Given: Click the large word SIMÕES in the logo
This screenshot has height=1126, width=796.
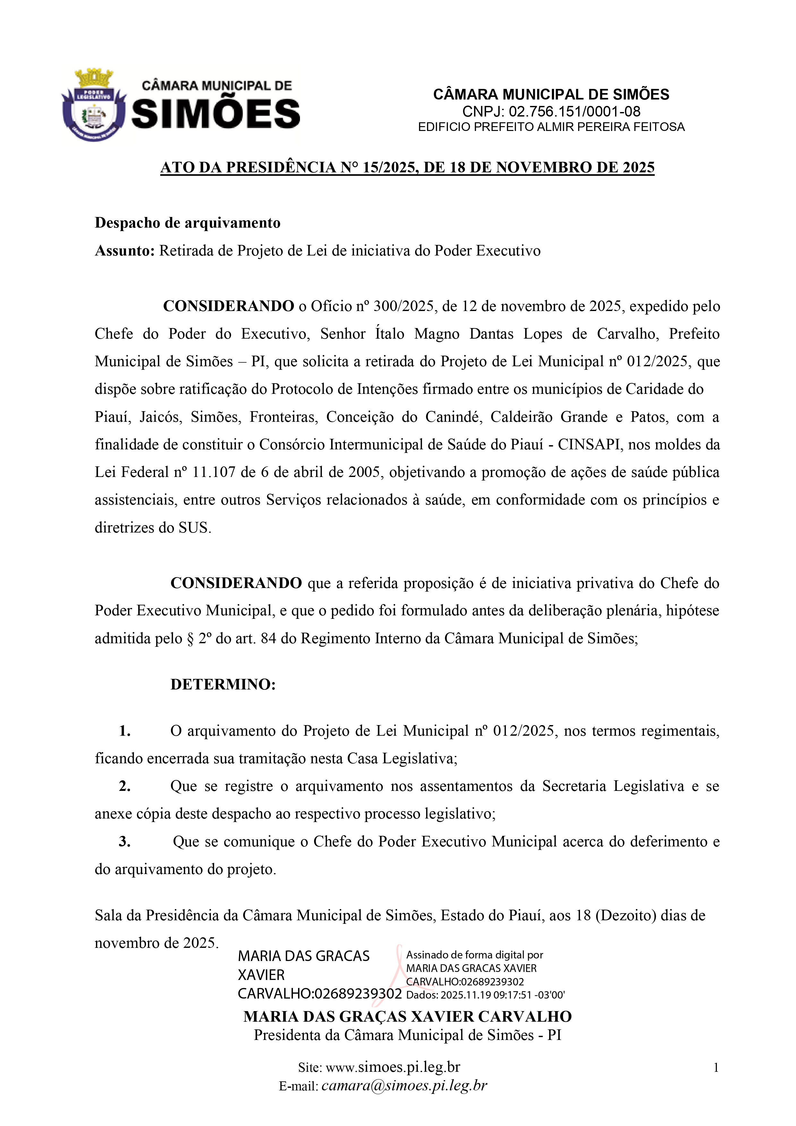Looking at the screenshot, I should click(x=216, y=114).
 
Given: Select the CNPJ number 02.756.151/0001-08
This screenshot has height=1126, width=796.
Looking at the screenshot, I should click(x=574, y=111).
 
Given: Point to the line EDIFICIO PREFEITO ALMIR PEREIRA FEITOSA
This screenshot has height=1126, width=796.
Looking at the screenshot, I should click(x=551, y=127).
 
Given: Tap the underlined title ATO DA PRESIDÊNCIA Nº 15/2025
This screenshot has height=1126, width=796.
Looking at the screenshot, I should click(x=407, y=168).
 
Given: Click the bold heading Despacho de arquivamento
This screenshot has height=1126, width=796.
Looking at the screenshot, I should click(x=187, y=223).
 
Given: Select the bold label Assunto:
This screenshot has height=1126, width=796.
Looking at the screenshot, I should click(x=124, y=251).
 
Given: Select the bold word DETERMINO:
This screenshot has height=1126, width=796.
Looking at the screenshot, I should click(x=223, y=684).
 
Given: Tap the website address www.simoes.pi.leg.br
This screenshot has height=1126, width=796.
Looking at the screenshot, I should click(x=393, y=1067).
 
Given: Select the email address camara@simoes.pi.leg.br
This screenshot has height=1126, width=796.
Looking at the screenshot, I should click(x=404, y=1086).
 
